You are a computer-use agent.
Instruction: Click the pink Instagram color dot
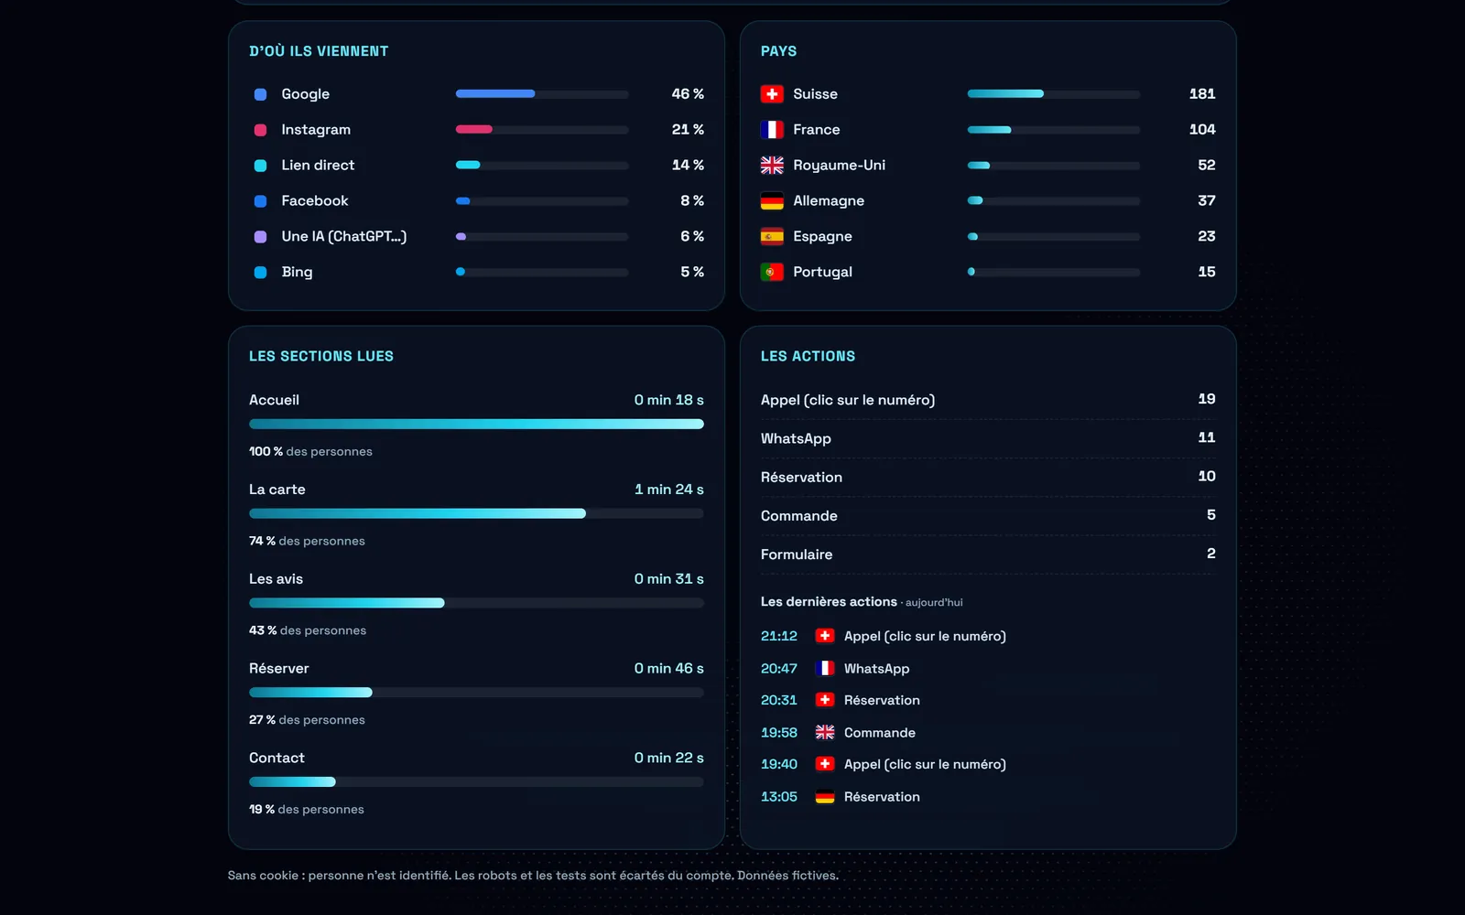point(260,130)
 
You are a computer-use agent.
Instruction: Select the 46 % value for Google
point(688,94)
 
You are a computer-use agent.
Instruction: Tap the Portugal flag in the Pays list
point(772,272)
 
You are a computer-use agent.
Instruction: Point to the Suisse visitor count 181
point(1202,94)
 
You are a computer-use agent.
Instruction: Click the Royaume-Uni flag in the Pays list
point(772,166)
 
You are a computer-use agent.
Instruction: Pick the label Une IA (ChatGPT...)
point(344,237)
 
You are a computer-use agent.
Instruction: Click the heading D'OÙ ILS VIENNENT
point(319,51)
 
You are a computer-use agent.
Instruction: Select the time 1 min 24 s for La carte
point(668,490)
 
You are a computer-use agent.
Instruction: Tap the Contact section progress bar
point(476,781)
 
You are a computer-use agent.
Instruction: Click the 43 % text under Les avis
point(263,630)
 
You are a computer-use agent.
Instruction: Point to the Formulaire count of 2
point(1211,554)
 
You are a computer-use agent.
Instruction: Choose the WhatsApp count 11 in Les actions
point(1207,437)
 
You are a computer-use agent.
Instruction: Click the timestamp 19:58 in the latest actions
point(779,733)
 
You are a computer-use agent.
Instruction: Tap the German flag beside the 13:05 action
point(825,797)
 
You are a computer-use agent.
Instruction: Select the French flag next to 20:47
point(825,668)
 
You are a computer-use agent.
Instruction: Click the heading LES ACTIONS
point(808,356)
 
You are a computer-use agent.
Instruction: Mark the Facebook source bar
point(541,201)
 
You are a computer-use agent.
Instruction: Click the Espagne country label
point(822,237)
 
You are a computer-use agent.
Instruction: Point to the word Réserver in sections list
point(278,669)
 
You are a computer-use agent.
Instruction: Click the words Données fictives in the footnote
point(787,876)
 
